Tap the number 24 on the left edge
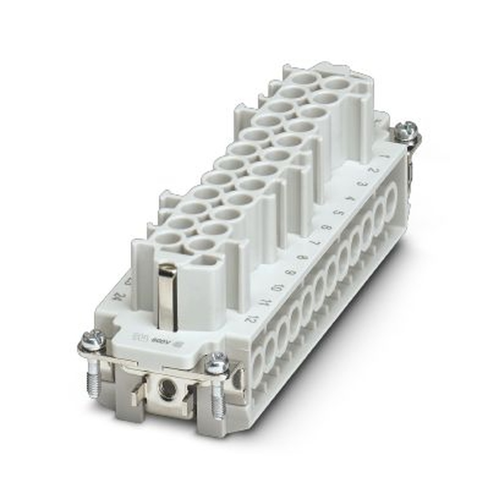[118, 298]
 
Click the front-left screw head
[93, 341]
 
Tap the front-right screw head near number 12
[217, 363]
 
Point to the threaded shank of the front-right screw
[218, 399]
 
